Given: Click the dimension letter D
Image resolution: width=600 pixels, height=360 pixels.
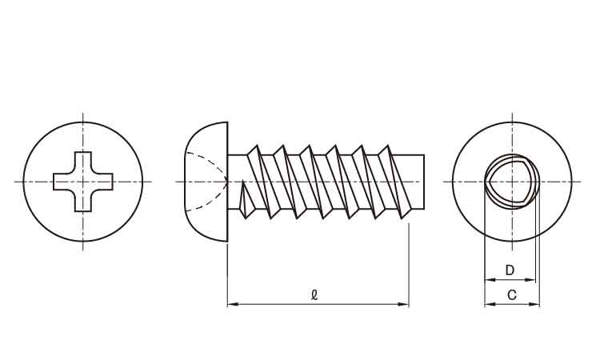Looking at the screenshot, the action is click(x=510, y=270).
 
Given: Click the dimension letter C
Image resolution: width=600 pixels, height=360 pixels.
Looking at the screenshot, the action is click(x=512, y=295).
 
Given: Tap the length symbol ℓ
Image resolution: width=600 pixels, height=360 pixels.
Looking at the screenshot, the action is click(x=314, y=295).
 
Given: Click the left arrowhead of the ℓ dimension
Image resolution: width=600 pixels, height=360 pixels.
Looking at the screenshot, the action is click(x=233, y=305).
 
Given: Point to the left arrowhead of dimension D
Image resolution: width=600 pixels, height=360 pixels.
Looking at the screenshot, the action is click(x=490, y=280).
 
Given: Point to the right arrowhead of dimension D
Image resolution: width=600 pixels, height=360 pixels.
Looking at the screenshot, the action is click(x=530, y=280).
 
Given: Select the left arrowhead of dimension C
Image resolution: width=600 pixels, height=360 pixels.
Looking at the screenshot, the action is click(x=490, y=305).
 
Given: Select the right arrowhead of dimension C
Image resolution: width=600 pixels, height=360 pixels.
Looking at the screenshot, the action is click(x=534, y=305).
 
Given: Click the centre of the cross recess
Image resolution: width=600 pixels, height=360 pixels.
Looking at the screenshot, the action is click(x=83, y=182).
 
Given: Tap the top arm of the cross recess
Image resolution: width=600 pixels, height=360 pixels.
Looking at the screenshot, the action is click(x=83, y=162).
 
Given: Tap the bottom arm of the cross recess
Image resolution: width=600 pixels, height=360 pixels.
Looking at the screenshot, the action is click(x=83, y=202).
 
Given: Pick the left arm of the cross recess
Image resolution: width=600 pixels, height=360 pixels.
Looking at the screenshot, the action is click(x=63, y=182).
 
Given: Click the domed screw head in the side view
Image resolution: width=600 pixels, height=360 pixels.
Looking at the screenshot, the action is click(x=206, y=182).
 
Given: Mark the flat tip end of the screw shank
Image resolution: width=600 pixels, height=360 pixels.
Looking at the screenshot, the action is click(x=424, y=182).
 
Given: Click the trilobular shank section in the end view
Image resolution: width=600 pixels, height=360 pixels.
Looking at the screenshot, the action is click(x=512, y=182).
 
